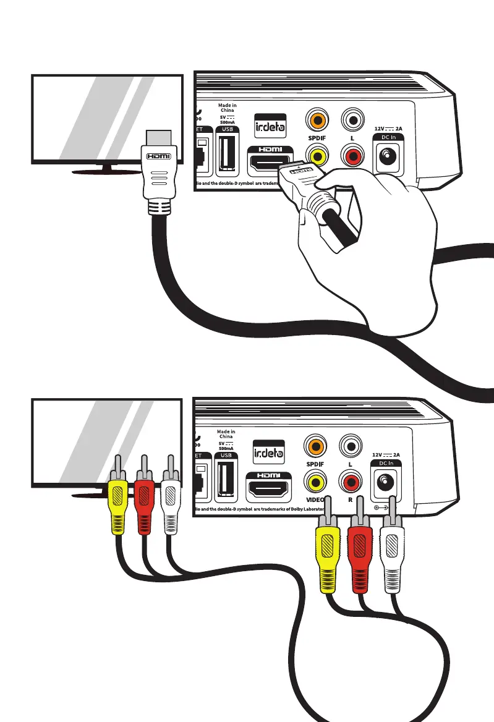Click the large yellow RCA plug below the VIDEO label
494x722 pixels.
click(x=328, y=553)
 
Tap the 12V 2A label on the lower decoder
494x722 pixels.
click(x=388, y=454)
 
